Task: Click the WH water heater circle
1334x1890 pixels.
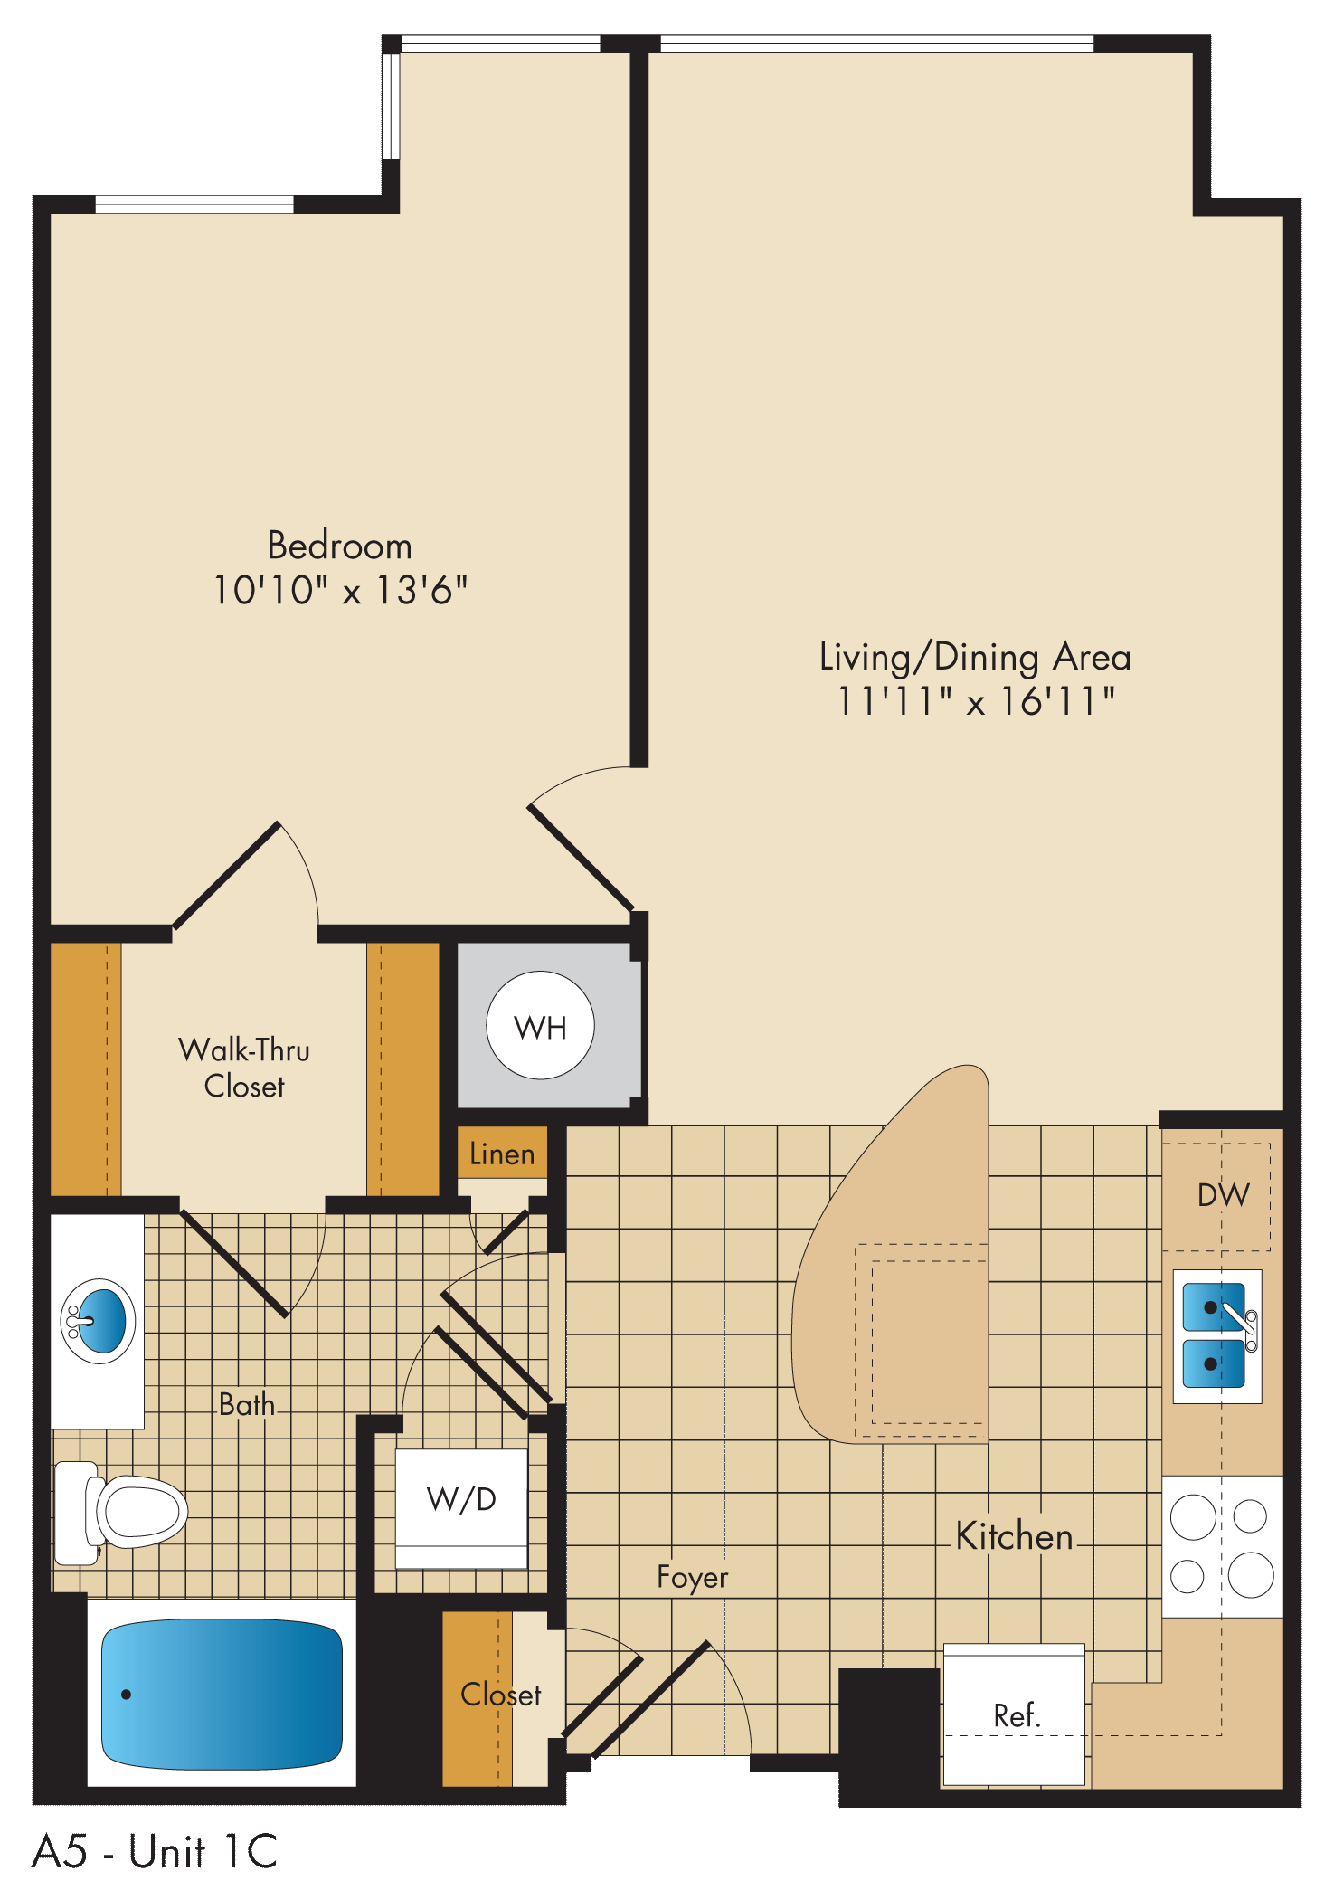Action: pos(540,1025)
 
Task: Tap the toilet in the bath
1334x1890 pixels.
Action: pos(121,1512)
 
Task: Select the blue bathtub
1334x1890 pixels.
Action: pos(222,1694)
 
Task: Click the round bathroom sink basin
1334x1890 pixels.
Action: pos(99,1321)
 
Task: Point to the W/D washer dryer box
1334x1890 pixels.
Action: pos(461,1509)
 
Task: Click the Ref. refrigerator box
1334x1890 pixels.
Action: pos(1014,1714)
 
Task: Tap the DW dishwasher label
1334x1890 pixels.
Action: pos(1223,1195)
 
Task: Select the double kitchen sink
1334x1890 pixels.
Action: pos(1217,1336)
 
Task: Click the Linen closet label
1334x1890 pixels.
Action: pos(502,1154)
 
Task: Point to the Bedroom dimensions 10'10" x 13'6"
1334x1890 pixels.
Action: pos(340,590)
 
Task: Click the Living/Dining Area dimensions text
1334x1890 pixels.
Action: pos(976,701)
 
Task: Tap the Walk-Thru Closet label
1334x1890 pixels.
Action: pos(244,1068)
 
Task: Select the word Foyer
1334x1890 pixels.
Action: pos(692,1578)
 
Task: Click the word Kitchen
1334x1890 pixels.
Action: pos(1014,1536)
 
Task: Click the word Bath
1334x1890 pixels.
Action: pos(247,1404)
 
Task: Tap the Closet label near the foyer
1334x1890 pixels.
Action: pos(501,1695)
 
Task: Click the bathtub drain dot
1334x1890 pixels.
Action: pos(127,1695)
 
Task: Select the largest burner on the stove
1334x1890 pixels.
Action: pos(1251,1575)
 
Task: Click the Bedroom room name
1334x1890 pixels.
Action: pos(340,546)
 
